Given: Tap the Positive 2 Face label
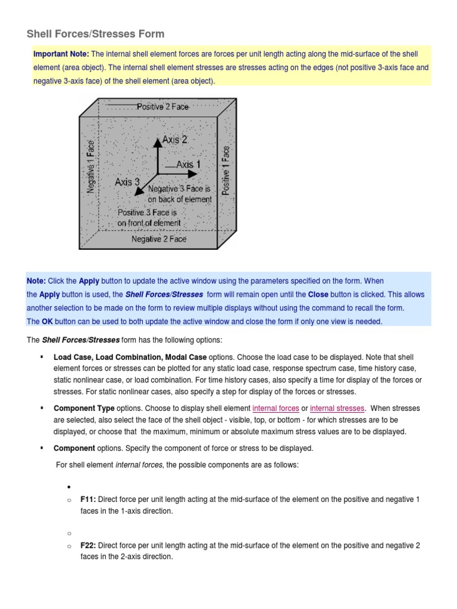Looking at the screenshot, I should coord(162,107).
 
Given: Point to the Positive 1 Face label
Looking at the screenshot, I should coord(226,171).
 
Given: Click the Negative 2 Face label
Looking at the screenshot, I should coord(158,239).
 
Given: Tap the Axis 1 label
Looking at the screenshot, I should coord(189,164).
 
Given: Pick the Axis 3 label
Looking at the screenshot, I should coord(127,181).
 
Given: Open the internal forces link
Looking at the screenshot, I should coord(276,409).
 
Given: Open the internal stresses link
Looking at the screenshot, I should coord(337,409).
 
